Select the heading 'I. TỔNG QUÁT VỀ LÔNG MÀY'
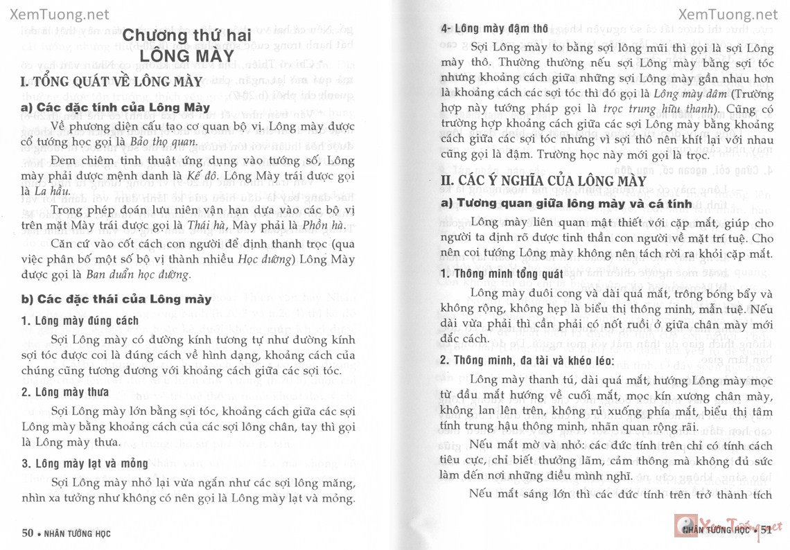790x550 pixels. (x=112, y=82)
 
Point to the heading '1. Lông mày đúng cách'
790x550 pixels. (x=80, y=321)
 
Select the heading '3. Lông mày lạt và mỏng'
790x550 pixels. (x=85, y=463)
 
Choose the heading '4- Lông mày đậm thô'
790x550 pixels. (x=495, y=29)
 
